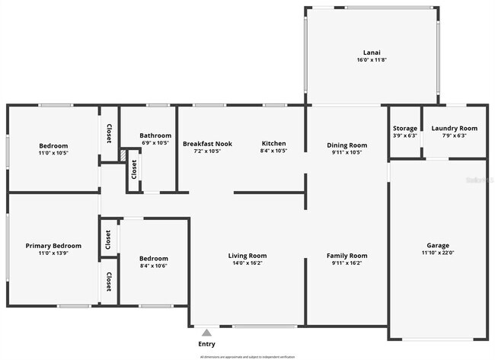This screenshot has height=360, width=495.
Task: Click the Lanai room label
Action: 372,52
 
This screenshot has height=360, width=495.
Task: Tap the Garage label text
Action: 437,245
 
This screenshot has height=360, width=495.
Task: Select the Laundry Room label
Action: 454,128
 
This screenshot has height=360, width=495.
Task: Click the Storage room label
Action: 404,128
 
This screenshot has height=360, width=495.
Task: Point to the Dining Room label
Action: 346,145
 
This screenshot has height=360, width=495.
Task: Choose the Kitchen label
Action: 273,143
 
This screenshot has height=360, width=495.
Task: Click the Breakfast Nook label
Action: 207,143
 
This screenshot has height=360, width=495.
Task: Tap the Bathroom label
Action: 155,135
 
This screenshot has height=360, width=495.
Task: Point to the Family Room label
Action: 346,256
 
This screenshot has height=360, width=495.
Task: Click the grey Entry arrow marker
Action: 206,332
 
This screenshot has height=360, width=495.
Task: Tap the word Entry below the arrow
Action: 206,344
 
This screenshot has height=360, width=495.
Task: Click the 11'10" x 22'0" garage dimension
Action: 437,253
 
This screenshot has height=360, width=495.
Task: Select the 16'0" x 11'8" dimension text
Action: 372,59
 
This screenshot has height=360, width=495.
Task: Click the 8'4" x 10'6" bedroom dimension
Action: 154,266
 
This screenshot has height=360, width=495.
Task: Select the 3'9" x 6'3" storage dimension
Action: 404,135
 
